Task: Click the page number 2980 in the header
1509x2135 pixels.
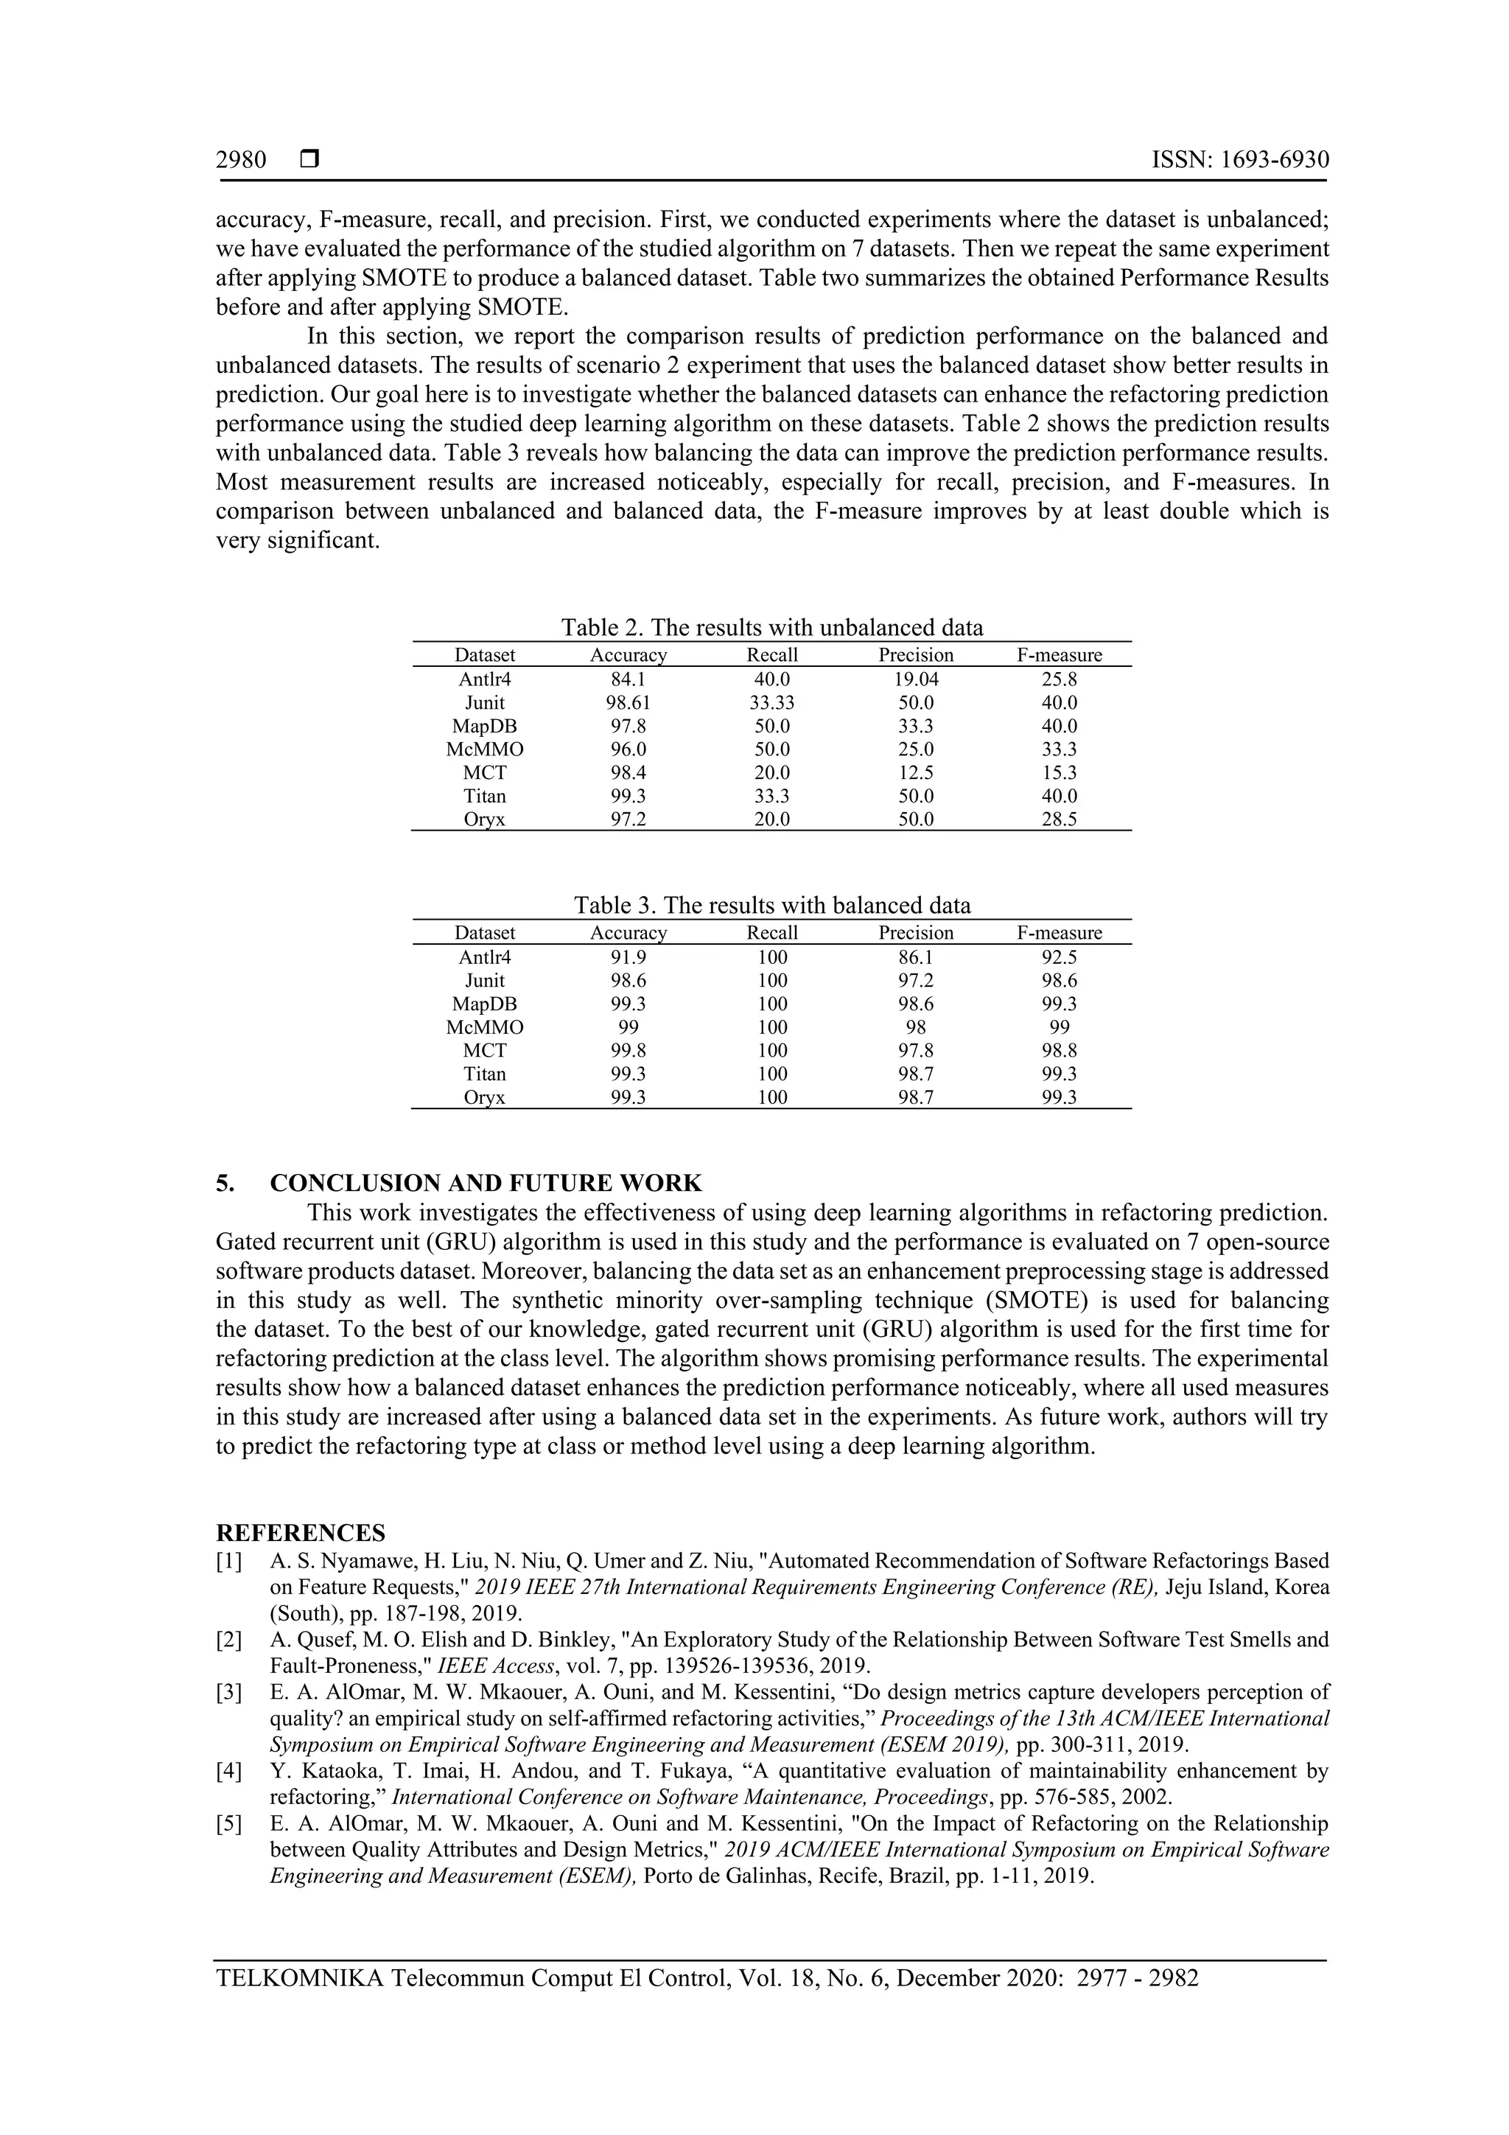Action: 241,160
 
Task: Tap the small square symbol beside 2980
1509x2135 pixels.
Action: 309,160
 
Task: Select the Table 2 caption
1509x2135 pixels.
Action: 771,628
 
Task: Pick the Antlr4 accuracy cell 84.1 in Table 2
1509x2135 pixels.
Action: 629,679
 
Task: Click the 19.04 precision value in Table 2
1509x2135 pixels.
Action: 916,679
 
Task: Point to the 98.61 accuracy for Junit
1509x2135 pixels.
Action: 629,703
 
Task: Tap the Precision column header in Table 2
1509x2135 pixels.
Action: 916,654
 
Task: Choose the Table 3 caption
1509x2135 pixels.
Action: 771,906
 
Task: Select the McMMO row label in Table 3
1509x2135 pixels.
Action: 484,1027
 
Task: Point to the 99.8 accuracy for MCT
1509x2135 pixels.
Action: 629,1051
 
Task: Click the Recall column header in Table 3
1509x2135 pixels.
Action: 771,933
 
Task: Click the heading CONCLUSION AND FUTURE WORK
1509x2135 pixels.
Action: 486,1183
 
